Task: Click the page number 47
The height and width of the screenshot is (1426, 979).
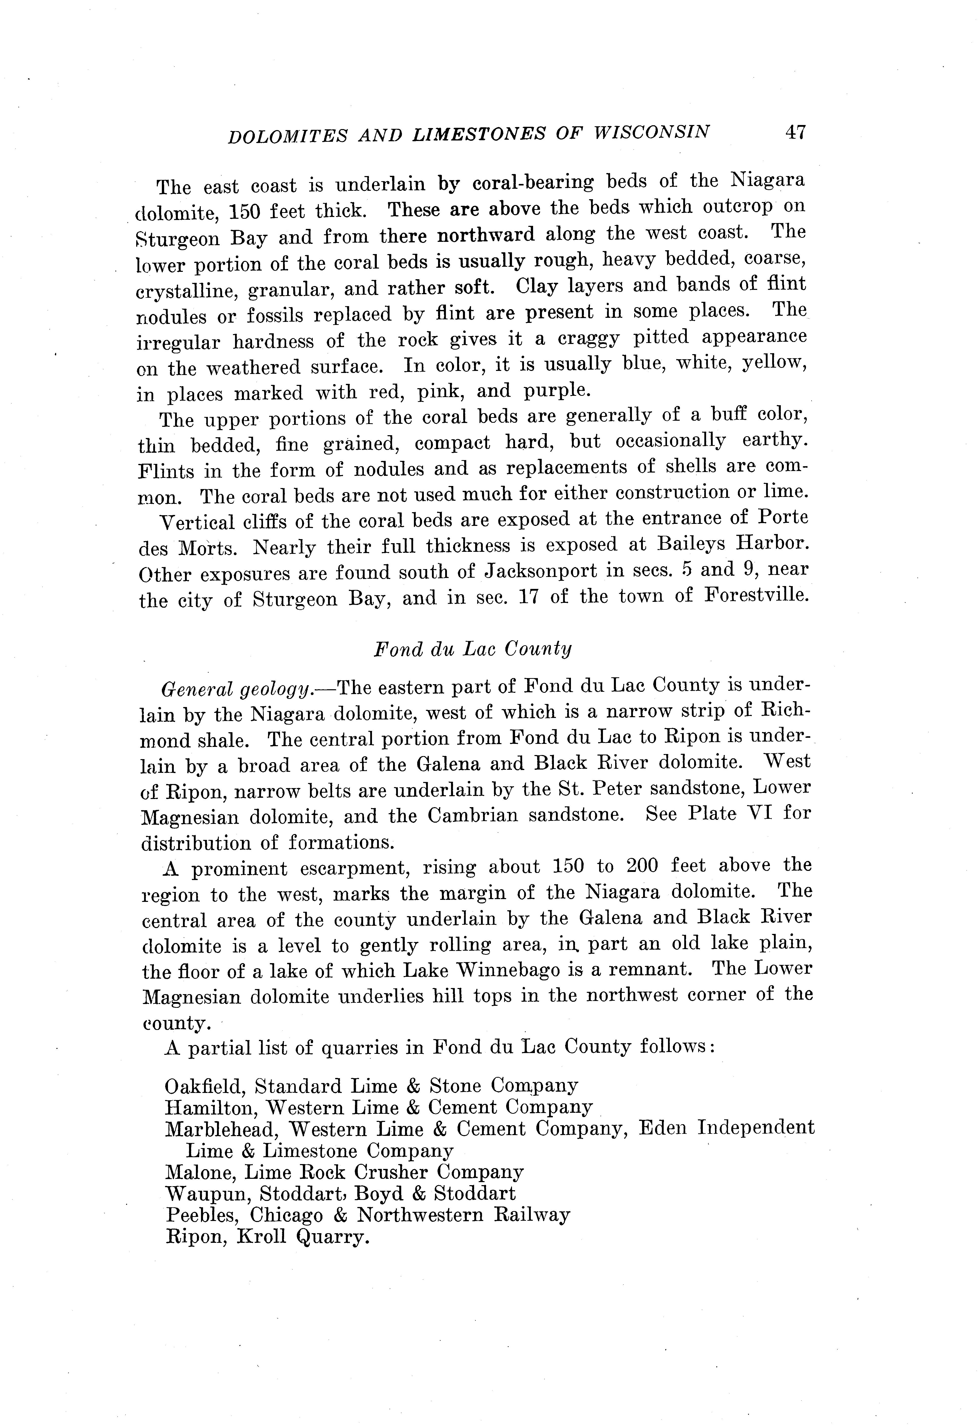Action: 795,133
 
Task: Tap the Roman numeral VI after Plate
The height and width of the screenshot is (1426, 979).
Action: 761,814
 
